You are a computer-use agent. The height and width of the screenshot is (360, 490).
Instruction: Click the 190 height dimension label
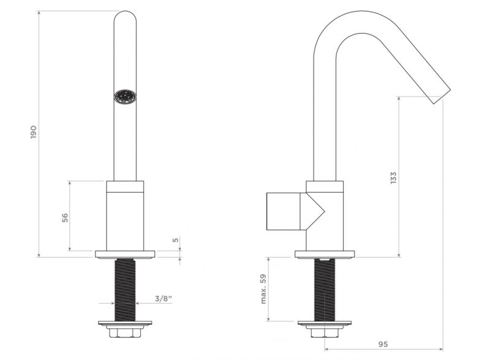[34, 132]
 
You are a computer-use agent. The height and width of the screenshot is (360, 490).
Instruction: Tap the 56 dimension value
[65, 217]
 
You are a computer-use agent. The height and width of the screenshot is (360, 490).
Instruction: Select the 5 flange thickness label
[176, 240]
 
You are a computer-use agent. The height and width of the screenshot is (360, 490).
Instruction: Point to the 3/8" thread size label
[164, 298]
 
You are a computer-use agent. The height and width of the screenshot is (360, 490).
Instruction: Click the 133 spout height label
[393, 178]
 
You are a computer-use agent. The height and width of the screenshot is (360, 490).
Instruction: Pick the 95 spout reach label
[383, 344]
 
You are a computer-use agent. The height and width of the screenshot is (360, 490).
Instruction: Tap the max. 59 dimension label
[263, 289]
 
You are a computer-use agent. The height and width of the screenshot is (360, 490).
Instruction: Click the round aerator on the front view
[125, 97]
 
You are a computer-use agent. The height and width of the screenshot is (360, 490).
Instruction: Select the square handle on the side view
[284, 211]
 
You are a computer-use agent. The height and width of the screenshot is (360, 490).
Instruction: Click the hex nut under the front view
[125, 332]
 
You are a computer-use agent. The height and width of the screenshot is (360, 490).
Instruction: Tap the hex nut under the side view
[325, 332]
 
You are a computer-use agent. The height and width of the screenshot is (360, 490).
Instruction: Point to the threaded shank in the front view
[125, 290]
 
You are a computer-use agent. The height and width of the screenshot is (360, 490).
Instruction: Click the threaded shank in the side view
[325, 290]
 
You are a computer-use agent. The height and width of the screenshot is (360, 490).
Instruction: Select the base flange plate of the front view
[125, 254]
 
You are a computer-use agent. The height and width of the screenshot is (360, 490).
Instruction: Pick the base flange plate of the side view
[325, 254]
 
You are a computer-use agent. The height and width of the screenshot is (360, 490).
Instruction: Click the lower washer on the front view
[125, 323]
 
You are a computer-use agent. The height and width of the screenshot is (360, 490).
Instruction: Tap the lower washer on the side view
[325, 323]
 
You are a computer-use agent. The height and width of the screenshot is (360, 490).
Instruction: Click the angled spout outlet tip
[442, 97]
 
